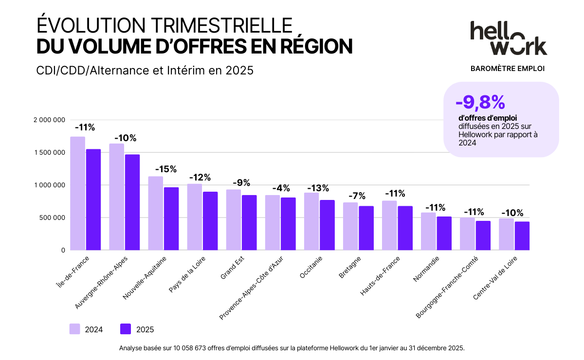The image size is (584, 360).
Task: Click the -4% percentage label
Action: pyautogui.click(x=280, y=188)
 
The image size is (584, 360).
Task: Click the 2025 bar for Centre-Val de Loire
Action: pyautogui.click(x=522, y=236)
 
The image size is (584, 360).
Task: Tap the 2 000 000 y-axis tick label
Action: pyautogui.click(x=49, y=120)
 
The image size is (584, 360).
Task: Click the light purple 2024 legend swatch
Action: pyautogui.click(x=75, y=329)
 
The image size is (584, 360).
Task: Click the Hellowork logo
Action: pyautogui.click(x=508, y=37)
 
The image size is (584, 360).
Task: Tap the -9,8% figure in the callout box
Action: pyautogui.click(x=480, y=102)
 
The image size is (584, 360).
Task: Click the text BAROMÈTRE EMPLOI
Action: pyautogui.click(x=508, y=69)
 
